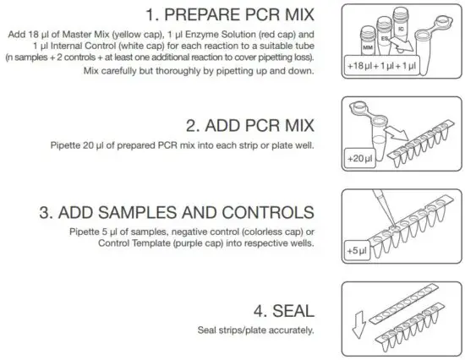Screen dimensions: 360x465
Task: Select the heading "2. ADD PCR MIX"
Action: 250,127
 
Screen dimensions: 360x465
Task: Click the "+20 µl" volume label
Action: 358,158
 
